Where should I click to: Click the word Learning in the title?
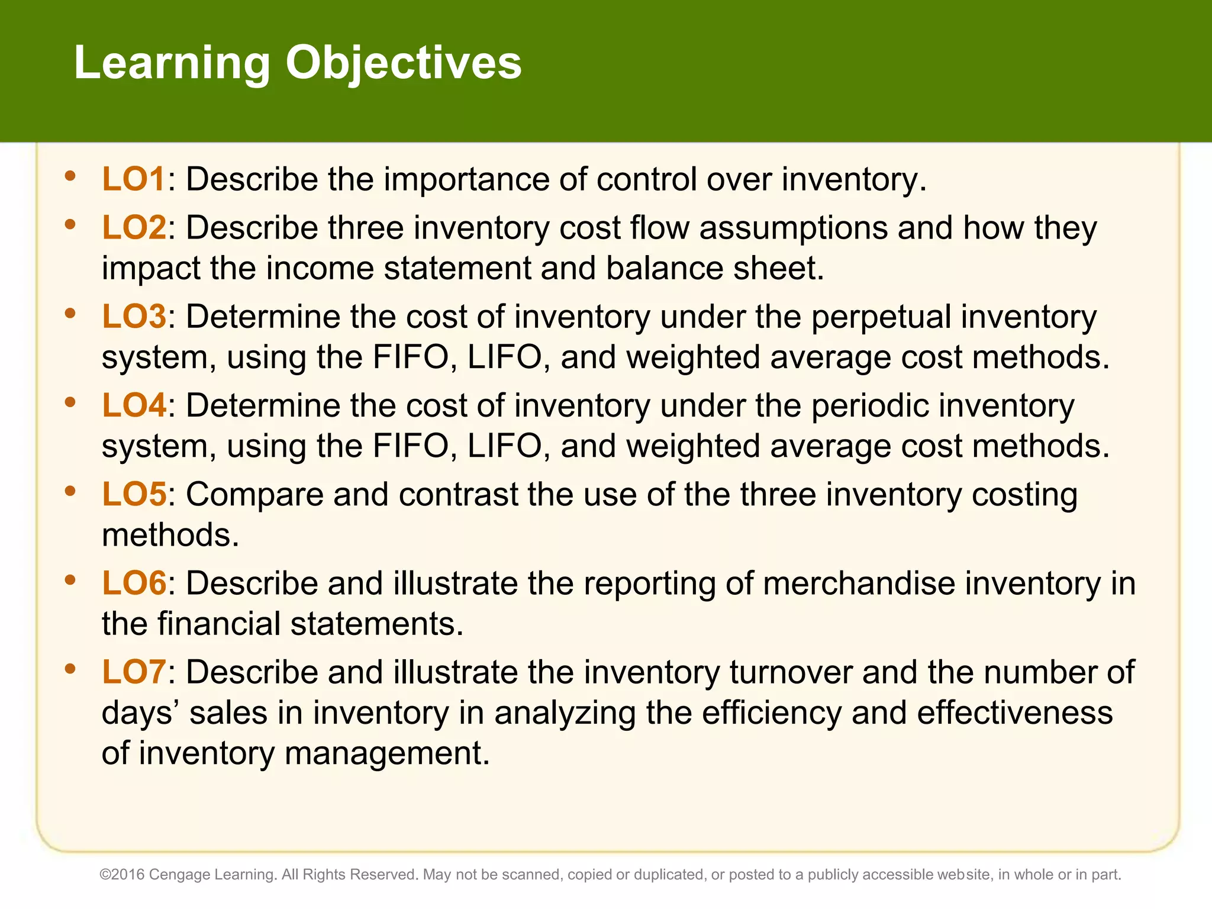coord(172,63)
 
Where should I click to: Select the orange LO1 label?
coord(133,179)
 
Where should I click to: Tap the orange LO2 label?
coord(134,228)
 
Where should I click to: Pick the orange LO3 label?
coord(134,317)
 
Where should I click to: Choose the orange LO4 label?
coord(134,405)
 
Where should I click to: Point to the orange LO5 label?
coord(134,494)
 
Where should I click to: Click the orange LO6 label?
coord(134,583)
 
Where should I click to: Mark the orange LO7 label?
coord(133,672)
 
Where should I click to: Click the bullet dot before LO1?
coord(70,176)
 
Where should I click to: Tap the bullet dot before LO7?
coord(70,669)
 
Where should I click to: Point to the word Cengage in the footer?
coord(179,875)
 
